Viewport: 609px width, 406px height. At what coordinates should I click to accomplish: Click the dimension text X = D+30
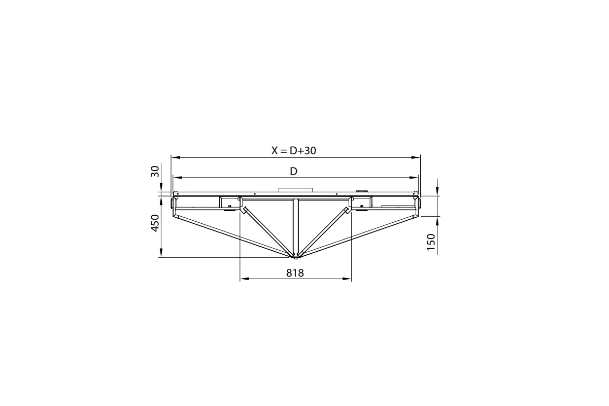click(294, 150)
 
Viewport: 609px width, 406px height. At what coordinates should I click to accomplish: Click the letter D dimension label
click(293, 172)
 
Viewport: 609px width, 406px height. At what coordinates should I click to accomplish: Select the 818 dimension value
click(295, 273)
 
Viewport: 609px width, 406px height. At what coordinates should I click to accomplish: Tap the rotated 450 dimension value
click(156, 222)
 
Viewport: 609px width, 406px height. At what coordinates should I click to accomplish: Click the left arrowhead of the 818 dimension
click(243, 279)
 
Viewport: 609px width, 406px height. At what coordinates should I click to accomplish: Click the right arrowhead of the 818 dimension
click(348, 279)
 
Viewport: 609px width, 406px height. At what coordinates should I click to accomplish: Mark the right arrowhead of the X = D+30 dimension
click(417, 157)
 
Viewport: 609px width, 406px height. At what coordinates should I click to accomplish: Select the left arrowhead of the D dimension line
click(176, 178)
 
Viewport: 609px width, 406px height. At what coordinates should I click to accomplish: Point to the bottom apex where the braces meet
click(295, 255)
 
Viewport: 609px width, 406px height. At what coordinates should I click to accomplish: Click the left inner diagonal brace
click(267, 230)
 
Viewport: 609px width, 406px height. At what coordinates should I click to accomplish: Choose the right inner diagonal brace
click(324, 230)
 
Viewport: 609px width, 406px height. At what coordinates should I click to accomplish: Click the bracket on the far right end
click(419, 204)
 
